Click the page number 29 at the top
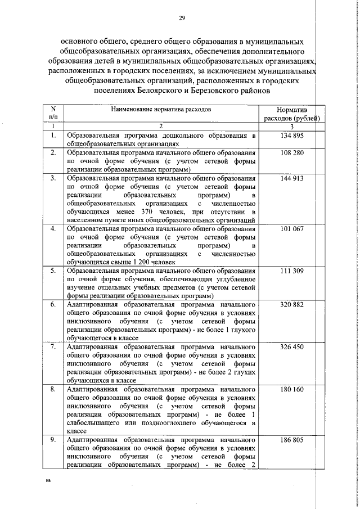[182, 19]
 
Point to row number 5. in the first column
[53, 271]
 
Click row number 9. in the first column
[53, 440]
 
